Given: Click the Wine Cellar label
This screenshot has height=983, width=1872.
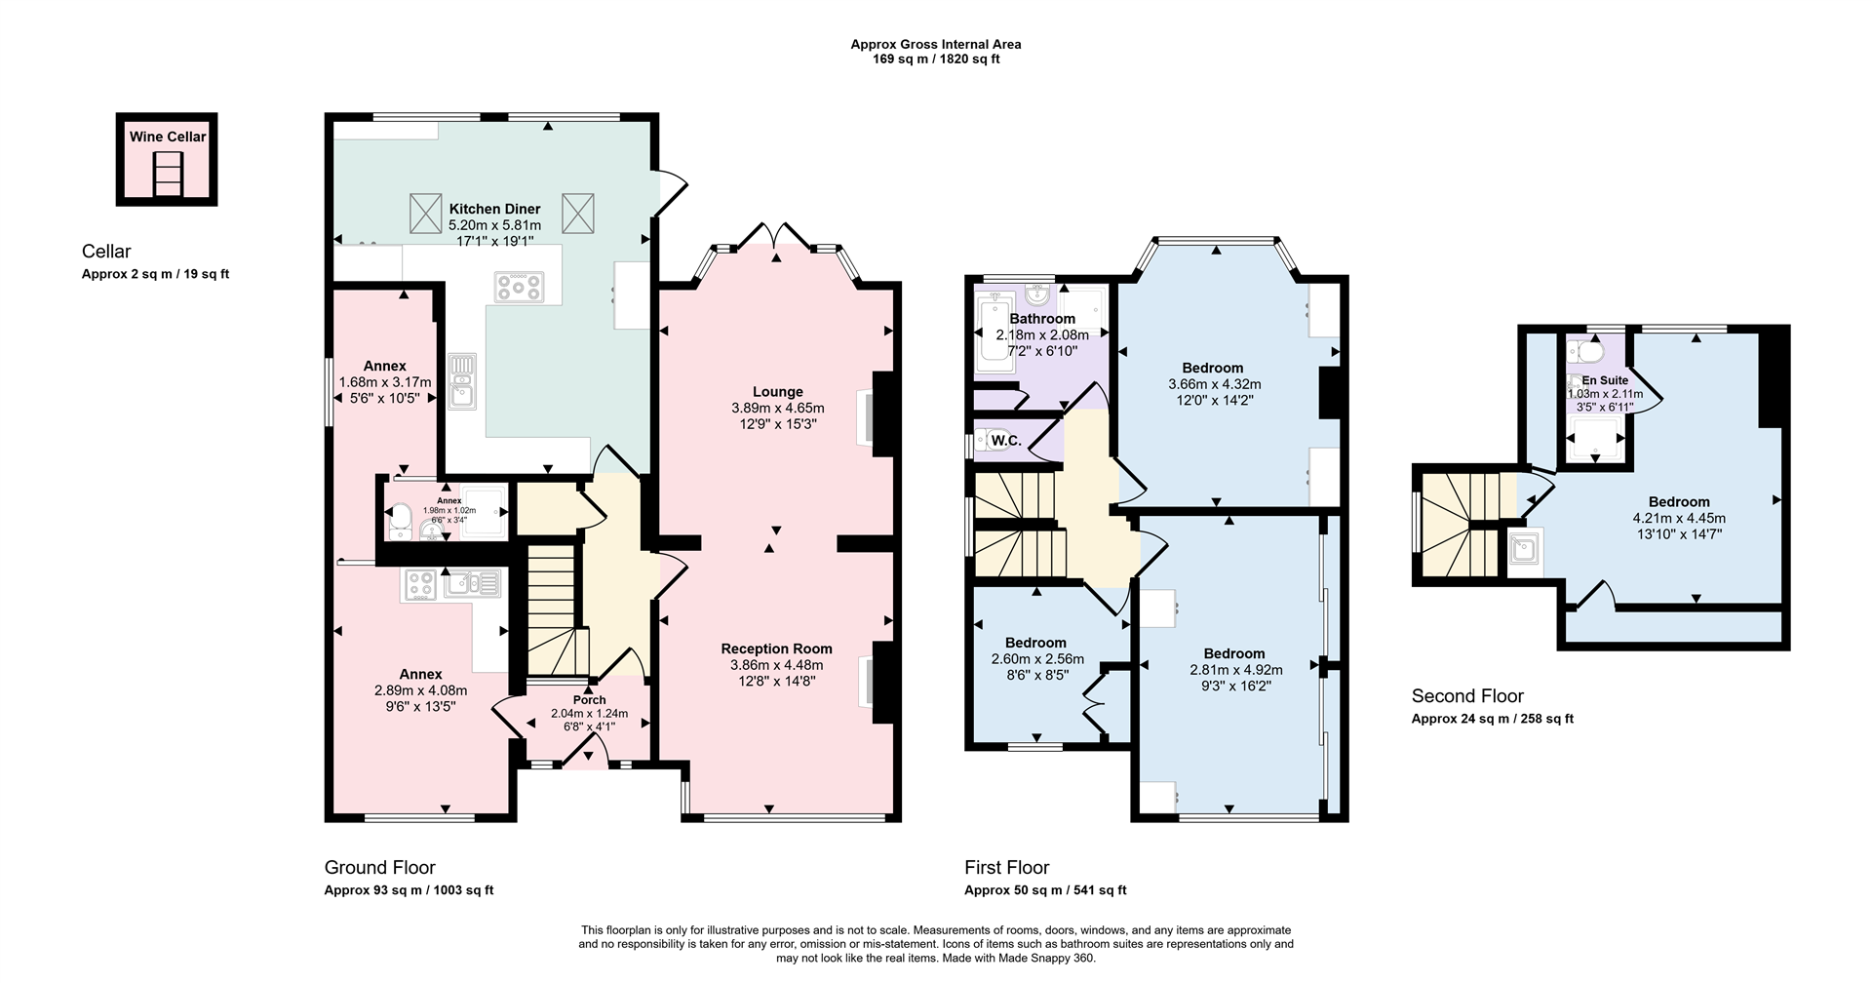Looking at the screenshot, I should click(168, 137).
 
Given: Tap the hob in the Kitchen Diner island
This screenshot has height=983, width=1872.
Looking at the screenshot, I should click(519, 287).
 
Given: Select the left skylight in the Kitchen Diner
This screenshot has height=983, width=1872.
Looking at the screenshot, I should click(425, 213).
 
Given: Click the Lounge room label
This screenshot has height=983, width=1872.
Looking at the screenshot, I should click(777, 392).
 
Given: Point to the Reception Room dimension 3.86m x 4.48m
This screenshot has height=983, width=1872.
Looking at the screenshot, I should click(777, 665).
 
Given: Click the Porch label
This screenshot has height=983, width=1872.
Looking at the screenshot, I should click(589, 699).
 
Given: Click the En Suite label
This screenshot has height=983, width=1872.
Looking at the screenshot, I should click(1605, 380).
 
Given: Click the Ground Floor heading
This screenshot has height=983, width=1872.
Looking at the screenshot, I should click(379, 867).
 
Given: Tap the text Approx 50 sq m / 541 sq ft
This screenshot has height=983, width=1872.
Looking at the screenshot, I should click(1045, 890).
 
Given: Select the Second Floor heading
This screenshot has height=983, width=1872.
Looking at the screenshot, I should click(1467, 695).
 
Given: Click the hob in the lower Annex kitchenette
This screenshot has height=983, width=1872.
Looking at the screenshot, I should click(420, 584).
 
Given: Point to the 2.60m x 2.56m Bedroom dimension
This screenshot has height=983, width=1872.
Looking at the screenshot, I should click(1034, 659).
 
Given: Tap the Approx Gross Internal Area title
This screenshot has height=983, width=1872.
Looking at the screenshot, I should click(935, 44).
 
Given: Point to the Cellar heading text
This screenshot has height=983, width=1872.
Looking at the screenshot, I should click(106, 252).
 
